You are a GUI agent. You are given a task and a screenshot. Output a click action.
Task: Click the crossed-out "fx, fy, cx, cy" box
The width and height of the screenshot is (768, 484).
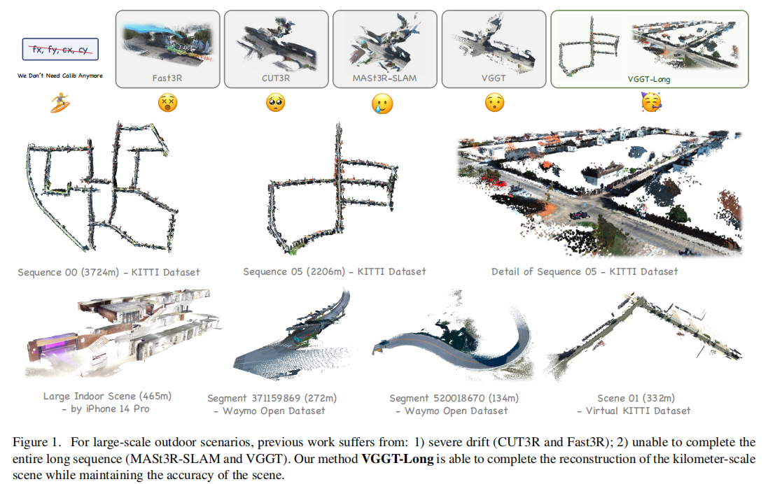60,49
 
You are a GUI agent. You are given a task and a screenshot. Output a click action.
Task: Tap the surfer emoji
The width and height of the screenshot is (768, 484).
60,102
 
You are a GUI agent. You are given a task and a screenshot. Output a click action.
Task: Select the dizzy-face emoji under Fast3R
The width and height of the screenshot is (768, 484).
167,103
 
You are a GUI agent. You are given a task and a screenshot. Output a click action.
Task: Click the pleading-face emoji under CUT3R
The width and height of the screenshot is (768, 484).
276,103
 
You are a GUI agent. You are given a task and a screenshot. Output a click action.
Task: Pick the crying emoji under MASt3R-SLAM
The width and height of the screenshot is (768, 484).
382,104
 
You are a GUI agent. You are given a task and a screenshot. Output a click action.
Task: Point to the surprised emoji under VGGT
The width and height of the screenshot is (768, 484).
494,103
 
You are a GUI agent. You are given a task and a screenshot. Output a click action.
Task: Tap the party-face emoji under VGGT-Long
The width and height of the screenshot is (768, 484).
651,103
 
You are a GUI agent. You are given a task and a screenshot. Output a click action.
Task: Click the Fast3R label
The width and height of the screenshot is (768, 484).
167,78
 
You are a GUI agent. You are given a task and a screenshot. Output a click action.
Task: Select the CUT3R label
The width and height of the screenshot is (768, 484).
276,78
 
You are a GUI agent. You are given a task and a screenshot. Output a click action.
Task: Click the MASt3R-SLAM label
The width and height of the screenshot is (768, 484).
384,78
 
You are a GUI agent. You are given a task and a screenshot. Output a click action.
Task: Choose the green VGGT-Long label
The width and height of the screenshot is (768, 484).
649,79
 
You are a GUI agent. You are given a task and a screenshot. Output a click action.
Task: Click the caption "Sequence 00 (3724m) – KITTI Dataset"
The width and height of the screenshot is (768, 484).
109,272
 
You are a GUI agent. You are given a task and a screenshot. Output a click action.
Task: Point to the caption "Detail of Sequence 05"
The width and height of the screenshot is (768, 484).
544,271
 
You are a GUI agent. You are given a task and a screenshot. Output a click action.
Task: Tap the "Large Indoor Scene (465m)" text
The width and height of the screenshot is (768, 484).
107,396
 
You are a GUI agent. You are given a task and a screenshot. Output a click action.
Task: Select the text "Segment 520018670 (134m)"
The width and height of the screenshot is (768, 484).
454,399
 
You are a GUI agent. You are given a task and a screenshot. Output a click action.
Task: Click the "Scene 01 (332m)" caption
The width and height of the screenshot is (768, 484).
636,399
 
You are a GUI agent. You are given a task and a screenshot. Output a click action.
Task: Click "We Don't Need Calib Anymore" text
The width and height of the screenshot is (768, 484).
60,76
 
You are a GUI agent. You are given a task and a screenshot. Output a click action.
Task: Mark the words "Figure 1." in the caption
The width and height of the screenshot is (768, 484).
36,443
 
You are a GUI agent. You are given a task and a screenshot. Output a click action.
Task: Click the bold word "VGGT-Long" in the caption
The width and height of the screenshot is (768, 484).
397,459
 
